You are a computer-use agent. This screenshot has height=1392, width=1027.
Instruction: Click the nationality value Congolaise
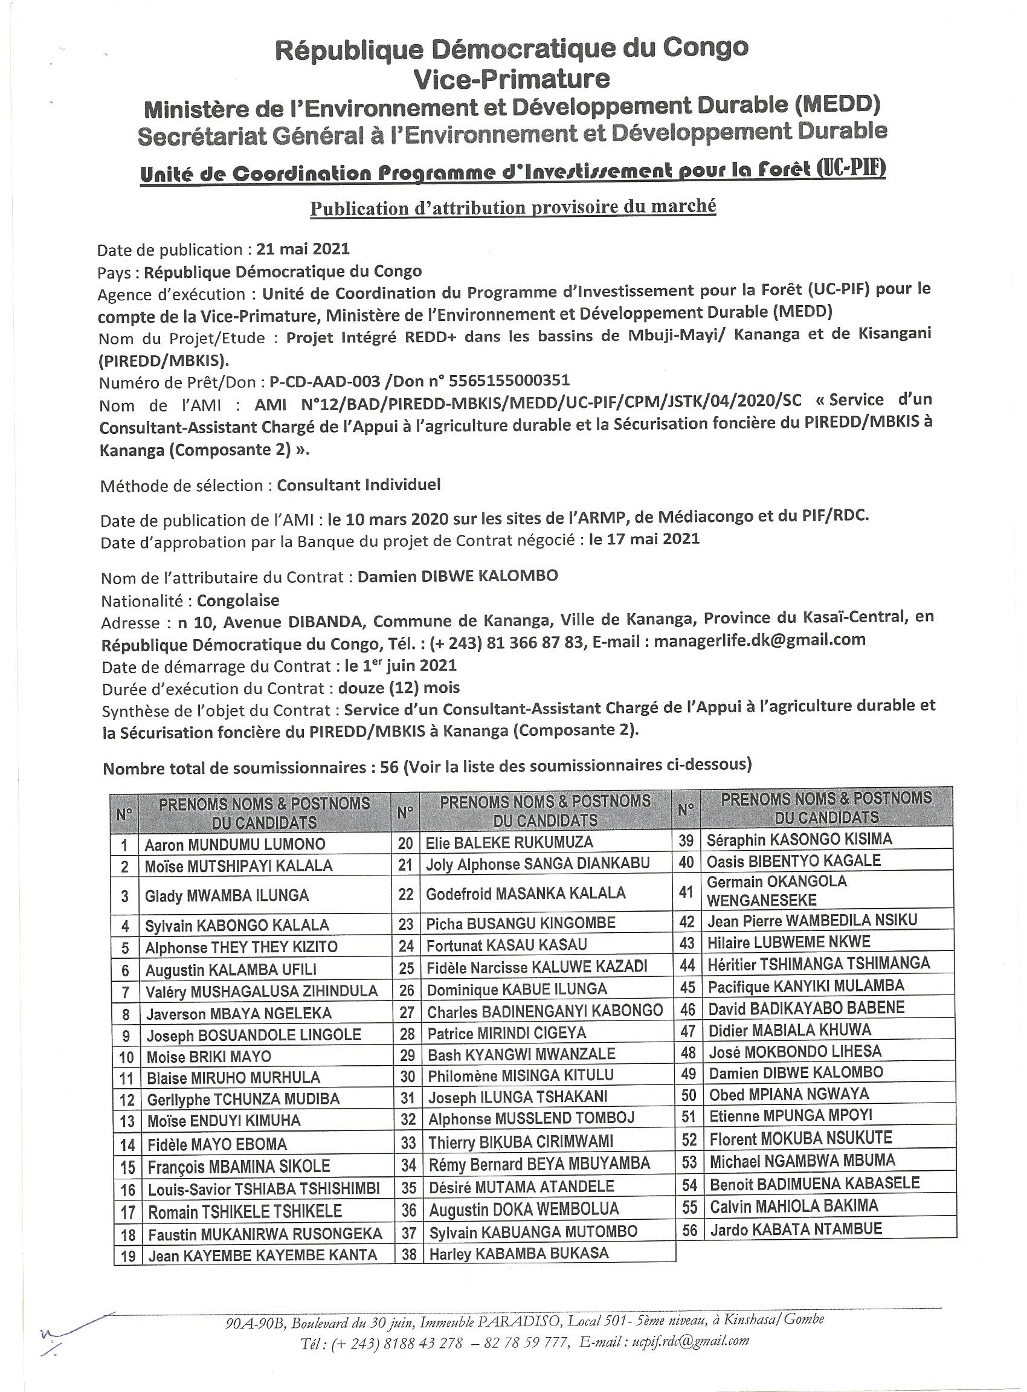pyautogui.click(x=238, y=601)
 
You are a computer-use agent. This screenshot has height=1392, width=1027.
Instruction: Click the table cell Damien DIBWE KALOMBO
pyautogui.click(x=796, y=1072)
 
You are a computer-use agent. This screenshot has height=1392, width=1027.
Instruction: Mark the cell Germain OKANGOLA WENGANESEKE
pyautogui.click(x=777, y=891)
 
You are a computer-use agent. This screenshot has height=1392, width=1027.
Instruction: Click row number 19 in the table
pyautogui.click(x=128, y=1256)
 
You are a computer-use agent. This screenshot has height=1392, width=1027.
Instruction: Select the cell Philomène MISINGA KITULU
pyautogui.click(x=520, y=1075)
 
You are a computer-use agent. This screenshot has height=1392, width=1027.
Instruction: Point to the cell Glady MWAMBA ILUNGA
pyautogui.click(x=227, y=895)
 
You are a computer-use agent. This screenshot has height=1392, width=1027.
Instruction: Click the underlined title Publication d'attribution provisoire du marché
pyautogui.click(x=513, y=207)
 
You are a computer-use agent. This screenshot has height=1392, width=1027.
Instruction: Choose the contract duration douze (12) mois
pyautogui.click(x=399, y=688)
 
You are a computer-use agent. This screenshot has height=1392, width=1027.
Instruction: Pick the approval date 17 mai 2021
pyautogui.click(x=644, y=538)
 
